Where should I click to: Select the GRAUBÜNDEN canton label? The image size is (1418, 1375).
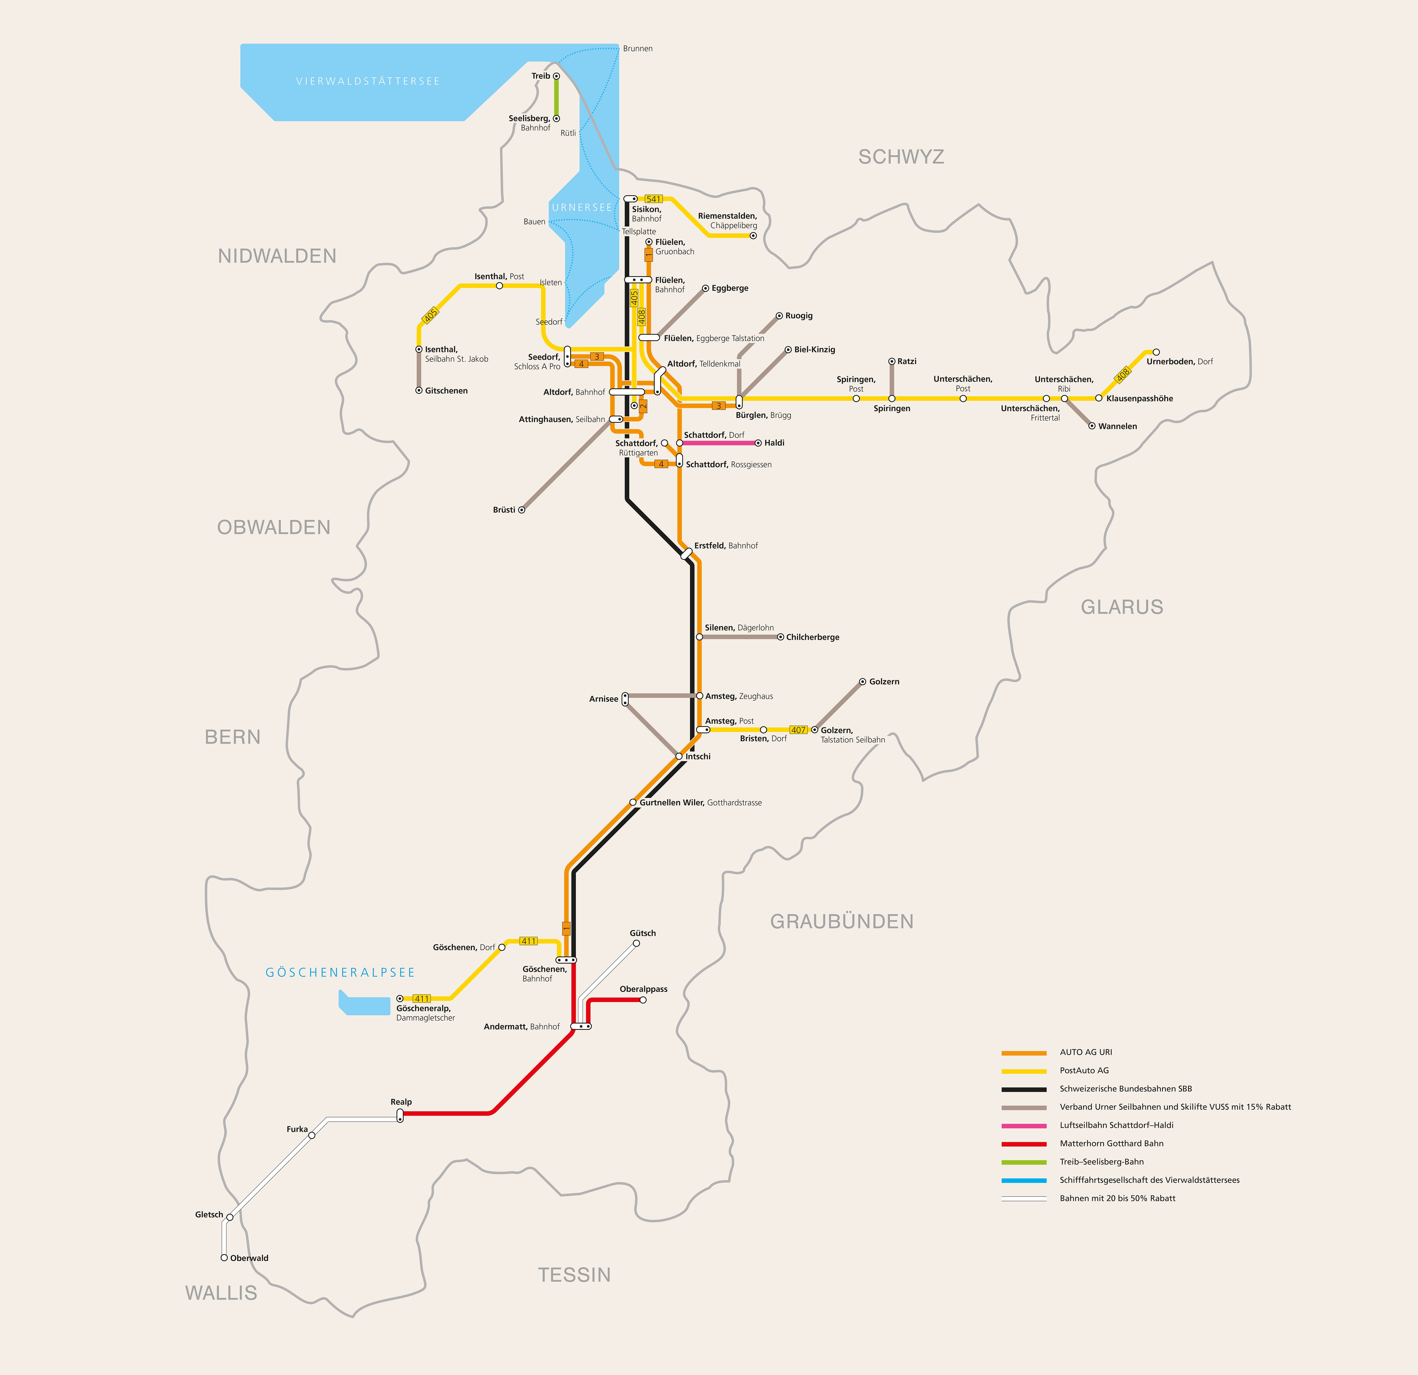point(841,921)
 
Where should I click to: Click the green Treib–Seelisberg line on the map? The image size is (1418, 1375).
point(556,97)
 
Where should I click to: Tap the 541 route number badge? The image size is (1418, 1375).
point(653,199)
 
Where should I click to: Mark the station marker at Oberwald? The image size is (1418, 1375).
point(224,1258)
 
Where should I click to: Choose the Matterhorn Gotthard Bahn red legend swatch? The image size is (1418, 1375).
point(1024,1144)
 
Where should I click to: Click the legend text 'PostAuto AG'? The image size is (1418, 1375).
point(1084,1070)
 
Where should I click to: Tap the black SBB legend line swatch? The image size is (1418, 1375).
point(1024,1089)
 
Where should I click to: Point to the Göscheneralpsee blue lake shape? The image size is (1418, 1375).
point(365,1004)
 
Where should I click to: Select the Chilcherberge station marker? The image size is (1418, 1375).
point(780,637)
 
